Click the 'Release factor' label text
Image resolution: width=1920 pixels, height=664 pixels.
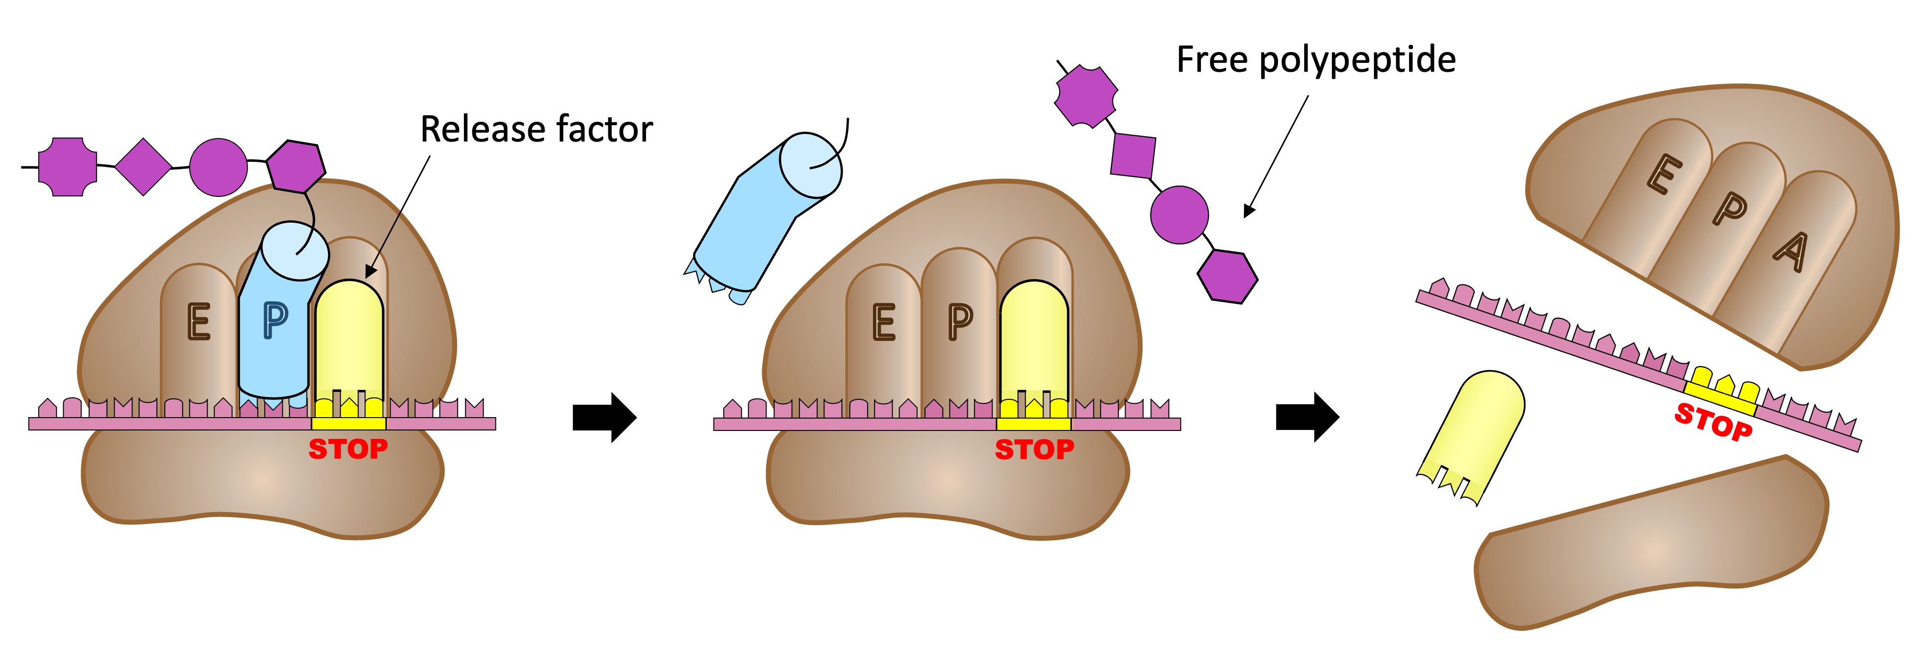click(x=536, y=130)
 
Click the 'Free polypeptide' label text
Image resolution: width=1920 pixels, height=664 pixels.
click(x=1316, y=59)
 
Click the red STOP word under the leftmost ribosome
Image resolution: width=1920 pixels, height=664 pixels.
click(x=348, y=449)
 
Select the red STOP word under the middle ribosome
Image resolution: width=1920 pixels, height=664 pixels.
click(x=1035, y=449)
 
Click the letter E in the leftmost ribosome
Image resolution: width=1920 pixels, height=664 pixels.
click(x=198, y=322)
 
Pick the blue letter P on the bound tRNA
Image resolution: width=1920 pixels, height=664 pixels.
click(x=275, y=321)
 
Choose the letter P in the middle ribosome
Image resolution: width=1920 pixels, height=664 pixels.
click(x=960, y=322)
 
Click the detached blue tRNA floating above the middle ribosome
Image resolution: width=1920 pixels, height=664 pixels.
click(x=764, y=216)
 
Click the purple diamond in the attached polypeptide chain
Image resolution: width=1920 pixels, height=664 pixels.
click(x=143, y=167)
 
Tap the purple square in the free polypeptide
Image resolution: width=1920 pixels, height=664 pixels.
click(x=1133, y=156)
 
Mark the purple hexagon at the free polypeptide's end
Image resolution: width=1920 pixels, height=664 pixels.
click(x=1228, y=276)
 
